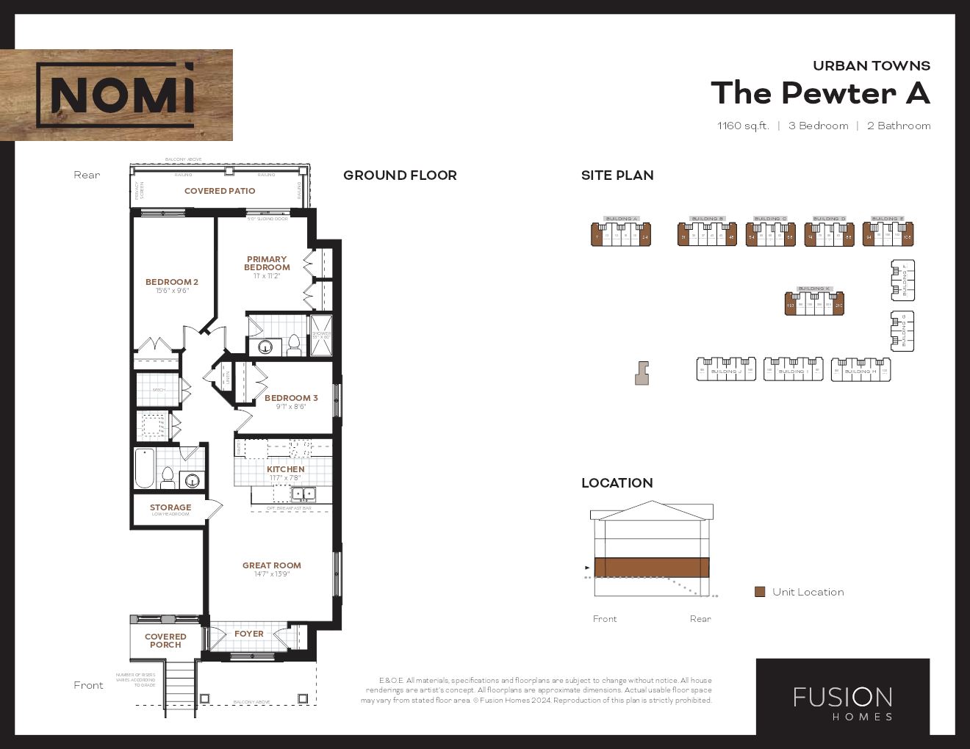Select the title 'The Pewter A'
click(819, 93)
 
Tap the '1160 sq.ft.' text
click(742, 126)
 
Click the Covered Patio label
click(220, 191)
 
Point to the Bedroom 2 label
click(172, 282)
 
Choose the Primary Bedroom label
click(267, 263)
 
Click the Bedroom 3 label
click(291, 398)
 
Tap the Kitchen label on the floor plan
click(285, 469)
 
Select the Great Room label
click(272, 565)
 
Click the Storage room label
click(170, 507)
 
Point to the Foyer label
click(248, 634)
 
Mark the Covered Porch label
click(165, 640)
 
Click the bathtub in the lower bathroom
click(145, 468)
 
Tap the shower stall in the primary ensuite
click(321, 335)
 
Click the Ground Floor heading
click(400, 176)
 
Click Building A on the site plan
click(621, 234)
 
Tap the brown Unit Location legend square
click(760, 592)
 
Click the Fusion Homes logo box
click(842, 696)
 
